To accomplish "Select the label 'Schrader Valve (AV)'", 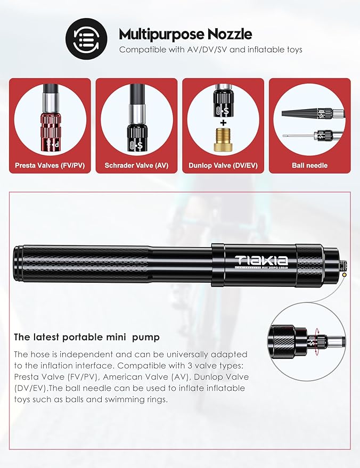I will click(x=136, y=166).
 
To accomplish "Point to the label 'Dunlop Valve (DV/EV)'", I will click(x=223, y=166).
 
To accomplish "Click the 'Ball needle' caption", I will click(x=309, y=166).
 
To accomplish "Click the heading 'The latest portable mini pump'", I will click(x=87, y=337).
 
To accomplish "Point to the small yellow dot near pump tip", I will click(x=345, y=274).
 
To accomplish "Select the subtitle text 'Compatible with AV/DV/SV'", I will click(x=210, y=50).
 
